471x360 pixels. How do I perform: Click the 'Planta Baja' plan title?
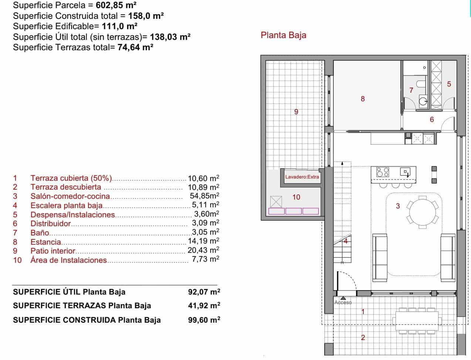click(x=283, y=35)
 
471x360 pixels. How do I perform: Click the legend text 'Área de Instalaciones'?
click(x=68, y=260)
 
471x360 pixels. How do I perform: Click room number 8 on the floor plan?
click(x=363, y=99)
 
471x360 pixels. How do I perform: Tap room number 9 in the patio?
click(x=296, y=112)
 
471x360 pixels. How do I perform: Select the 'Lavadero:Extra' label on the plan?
click(x=302, y=177)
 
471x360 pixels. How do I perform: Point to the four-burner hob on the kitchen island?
click(x=383, y=172)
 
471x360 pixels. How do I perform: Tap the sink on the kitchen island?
click(x=406, y=171)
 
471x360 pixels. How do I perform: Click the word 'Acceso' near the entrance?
click(x=343, y=302)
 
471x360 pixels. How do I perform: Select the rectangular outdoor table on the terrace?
click(x=417, y=320)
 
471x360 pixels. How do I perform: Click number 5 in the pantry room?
click(x=449, y=84)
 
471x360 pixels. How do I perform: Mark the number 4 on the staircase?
click(x=346, y=241)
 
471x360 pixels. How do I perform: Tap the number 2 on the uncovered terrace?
click(x=363, y=337)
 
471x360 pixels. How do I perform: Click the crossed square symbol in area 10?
click(x=276, y=201)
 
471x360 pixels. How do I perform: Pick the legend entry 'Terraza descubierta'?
click(x=65, y=187)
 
